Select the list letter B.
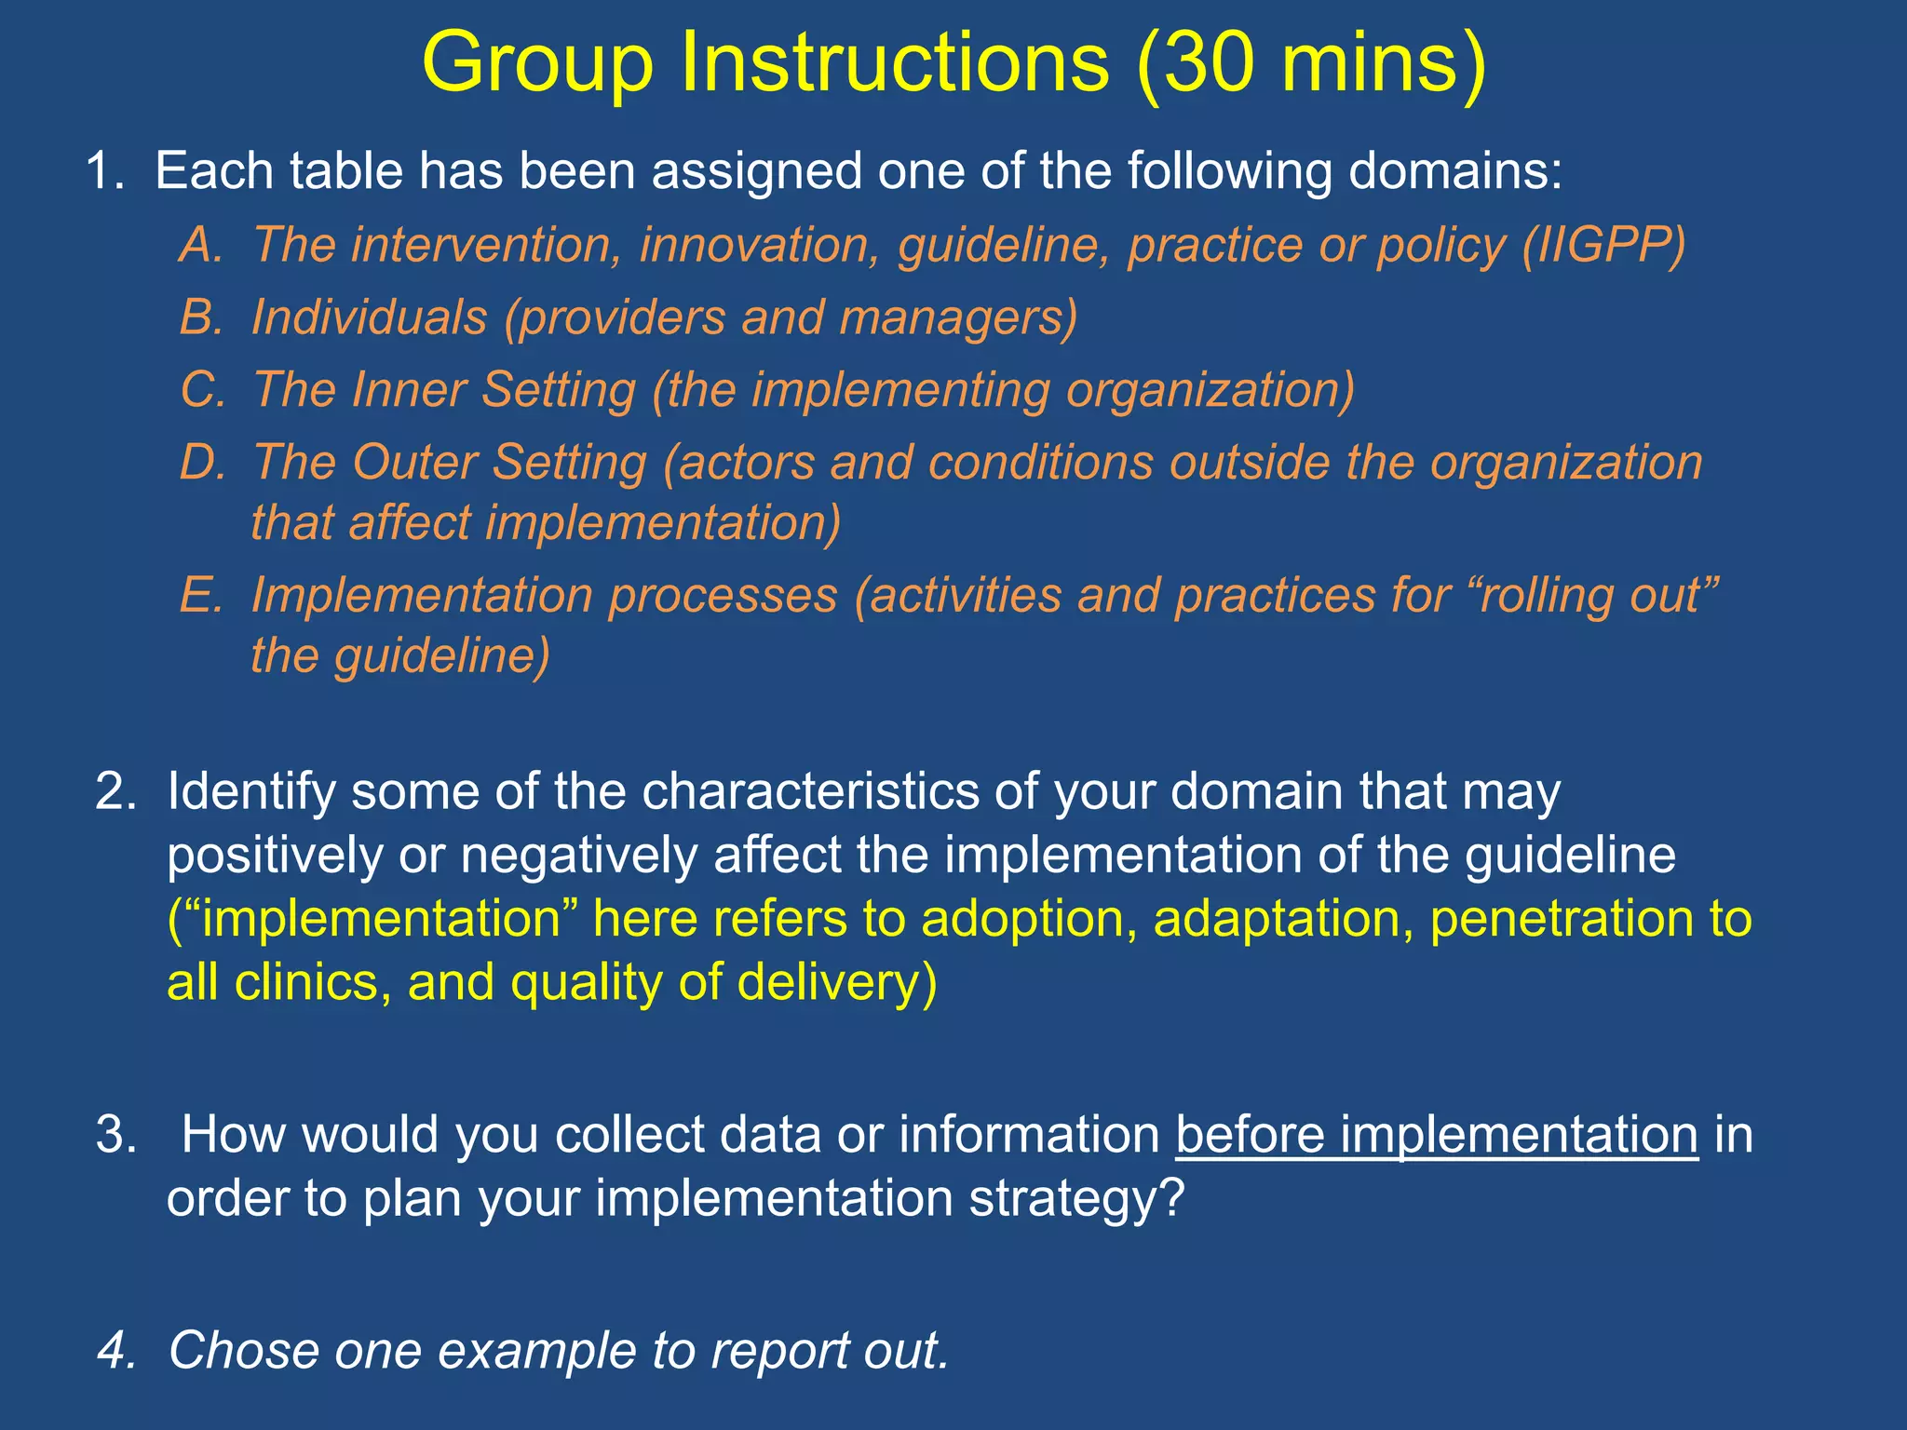click(x=201, y=317)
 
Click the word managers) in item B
click(x=958, y=317)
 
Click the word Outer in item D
click(x=413, y=463)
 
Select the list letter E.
click(x=201, y=595)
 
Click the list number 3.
click(x=115, y=1135)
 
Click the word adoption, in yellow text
click(x=1029, y=919)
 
